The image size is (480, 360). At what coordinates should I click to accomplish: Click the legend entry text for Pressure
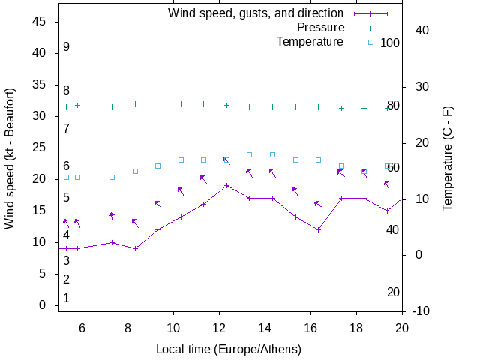tap(320, 28)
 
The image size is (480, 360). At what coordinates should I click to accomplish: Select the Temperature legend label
tap(310, 41)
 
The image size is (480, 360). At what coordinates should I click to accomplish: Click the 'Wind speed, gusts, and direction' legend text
tap(256, 13)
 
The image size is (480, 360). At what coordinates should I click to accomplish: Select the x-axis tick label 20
tap(402, 327)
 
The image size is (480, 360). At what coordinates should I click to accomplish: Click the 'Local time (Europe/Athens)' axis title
tap(228, 349)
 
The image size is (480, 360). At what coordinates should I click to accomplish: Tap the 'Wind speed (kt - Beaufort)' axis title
tap(10, 157)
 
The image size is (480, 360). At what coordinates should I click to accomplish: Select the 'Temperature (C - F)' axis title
tap(448, 157)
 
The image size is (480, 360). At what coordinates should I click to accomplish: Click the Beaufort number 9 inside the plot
tap(67, 46)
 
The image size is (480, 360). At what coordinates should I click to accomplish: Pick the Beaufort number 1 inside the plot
tap(67, 298)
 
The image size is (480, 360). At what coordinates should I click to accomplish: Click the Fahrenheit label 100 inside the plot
tap(390, 43)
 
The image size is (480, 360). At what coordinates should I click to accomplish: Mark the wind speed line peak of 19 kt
tap(226, 185)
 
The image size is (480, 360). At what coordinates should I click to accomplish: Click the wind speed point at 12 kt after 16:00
tap(318, 229)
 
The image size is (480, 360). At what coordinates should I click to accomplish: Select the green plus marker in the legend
tap(370, 28)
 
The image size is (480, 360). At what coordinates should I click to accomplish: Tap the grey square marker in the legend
tap(370, 42)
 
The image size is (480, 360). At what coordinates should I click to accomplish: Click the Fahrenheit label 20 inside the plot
tap(393, 292)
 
